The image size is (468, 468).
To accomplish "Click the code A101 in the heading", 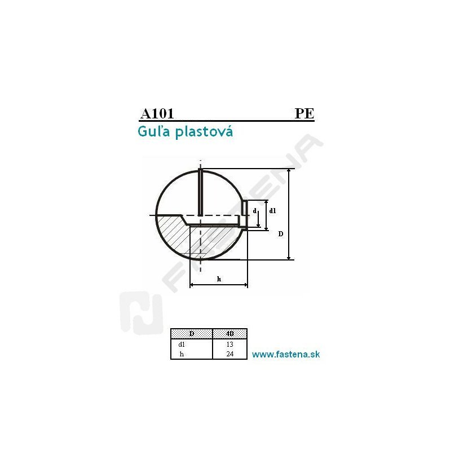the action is [157, 113].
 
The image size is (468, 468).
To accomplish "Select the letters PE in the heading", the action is [304, 113].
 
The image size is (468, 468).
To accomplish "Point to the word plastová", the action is [204, 132].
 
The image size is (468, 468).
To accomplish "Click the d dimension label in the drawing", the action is [255, 211].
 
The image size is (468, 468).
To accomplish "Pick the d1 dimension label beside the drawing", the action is [272, 211].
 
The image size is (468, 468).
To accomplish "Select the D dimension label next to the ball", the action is [281, 234].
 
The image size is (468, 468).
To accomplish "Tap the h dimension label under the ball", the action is [219, 279].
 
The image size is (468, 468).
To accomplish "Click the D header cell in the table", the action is [192, 334].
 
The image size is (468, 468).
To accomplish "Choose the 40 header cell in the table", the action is [230, 334].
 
